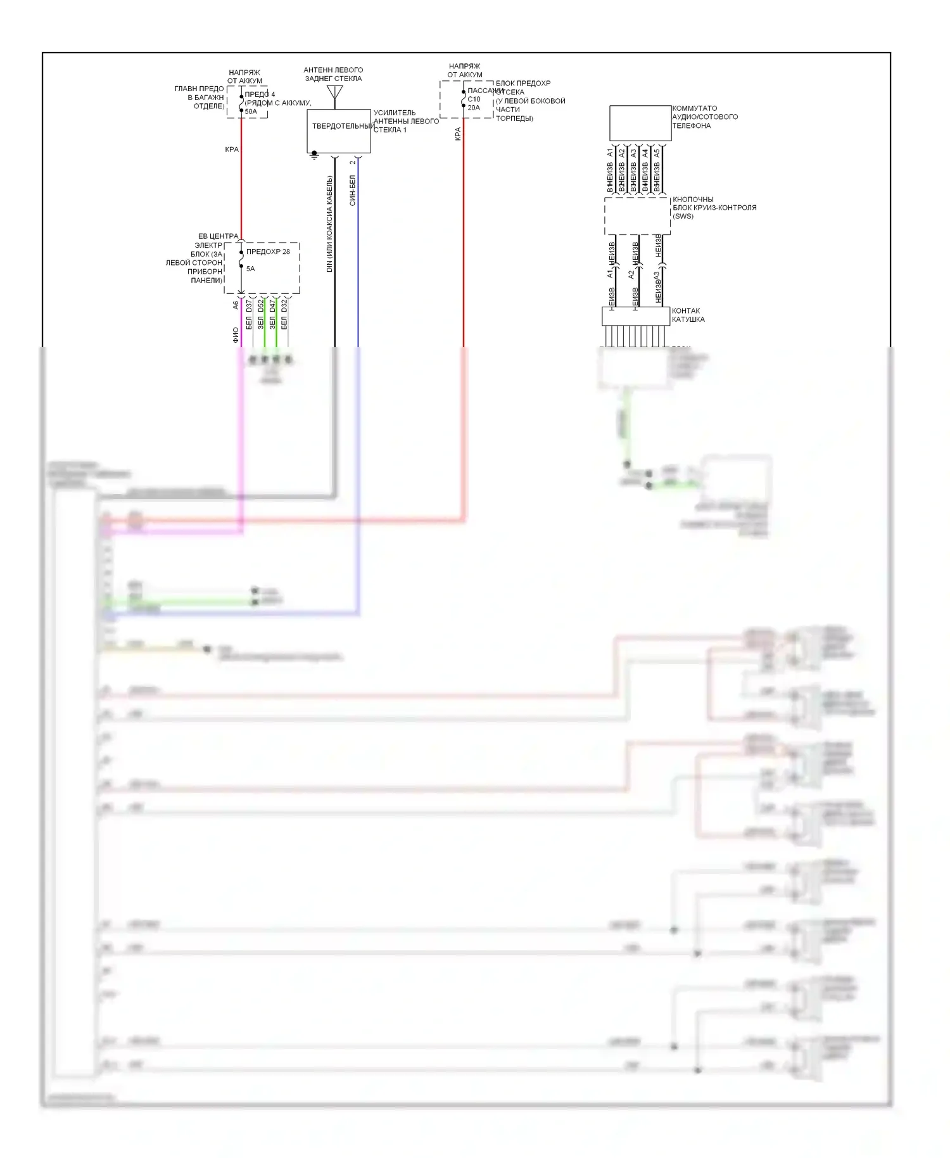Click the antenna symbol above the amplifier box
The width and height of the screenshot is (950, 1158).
(334, 93)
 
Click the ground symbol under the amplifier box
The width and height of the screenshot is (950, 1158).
(314, 155)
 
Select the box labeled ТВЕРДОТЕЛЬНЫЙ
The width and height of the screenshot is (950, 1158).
(339, 130)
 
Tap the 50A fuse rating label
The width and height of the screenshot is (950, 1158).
(251, 111)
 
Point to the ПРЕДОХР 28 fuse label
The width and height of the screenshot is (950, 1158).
(268, 251)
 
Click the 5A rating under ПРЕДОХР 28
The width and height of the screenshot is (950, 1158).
(250, 269)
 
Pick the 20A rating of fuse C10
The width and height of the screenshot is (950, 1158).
(474, 108)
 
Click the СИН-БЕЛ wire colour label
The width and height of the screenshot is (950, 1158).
(353, 191)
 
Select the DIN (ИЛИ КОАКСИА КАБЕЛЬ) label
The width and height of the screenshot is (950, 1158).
(329, 224)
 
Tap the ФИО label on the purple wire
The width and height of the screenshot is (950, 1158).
(236, 335)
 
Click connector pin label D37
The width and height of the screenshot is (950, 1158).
(249, 305)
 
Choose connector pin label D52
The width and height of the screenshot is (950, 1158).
(261, 305)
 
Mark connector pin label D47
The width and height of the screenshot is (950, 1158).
(272, 305)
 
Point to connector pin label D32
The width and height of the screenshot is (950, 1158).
(284, 305)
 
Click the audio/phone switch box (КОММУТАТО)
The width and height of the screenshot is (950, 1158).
(640, 123)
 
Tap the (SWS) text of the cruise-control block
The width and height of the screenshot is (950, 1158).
(683, 216)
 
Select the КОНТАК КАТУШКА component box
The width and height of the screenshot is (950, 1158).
(635, 316)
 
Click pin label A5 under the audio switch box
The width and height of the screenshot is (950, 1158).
(657, 153)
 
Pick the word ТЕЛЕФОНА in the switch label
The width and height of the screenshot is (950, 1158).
(691, 125)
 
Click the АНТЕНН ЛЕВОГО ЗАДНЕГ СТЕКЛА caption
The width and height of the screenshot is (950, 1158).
(333, 74)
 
